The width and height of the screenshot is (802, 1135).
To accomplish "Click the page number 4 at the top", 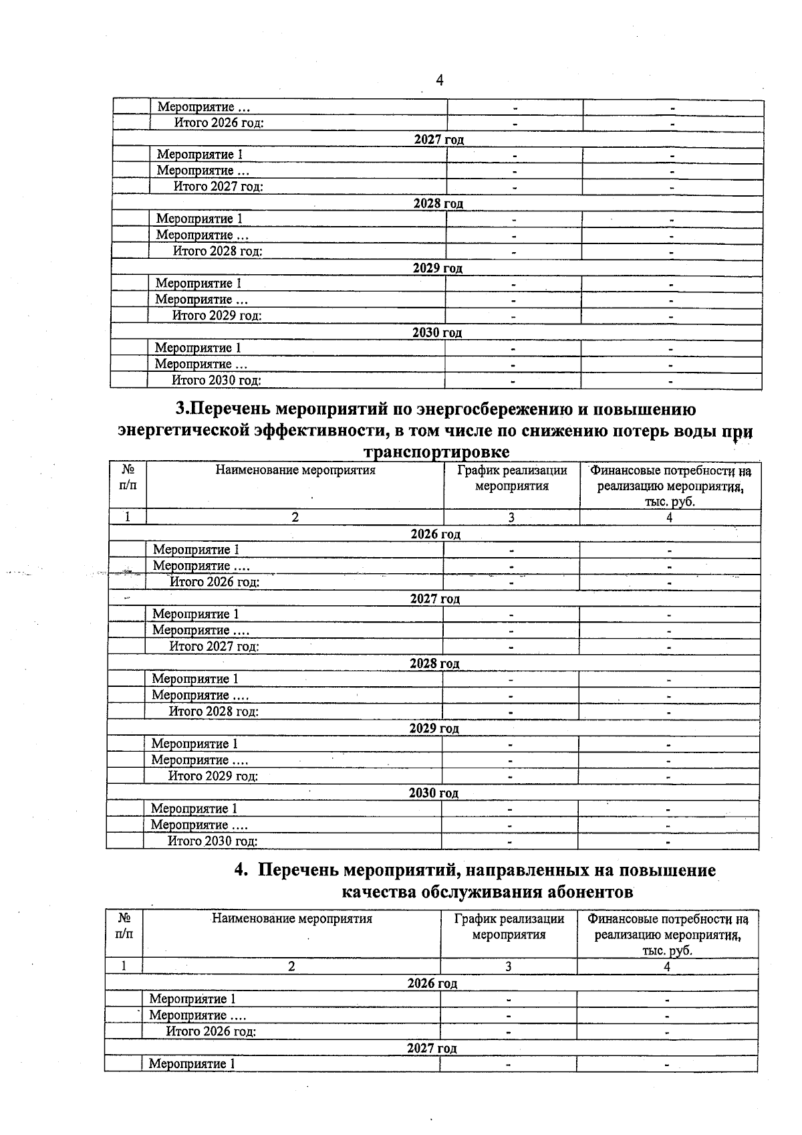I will point(439,81).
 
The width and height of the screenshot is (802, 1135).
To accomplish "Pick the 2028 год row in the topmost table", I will point(438,203).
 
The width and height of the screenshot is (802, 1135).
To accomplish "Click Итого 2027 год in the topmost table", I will point(218,187).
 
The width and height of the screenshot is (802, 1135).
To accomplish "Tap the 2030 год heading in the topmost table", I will point(436,332).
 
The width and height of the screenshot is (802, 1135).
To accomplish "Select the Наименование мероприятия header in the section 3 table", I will point(295,470).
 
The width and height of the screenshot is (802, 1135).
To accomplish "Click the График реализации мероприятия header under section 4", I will point(509,926).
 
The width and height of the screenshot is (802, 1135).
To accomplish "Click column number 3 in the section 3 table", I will point(511,517).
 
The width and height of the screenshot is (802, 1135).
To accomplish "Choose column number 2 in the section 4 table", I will point(291,966).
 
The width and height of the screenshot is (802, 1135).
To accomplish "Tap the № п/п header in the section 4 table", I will point(124,926).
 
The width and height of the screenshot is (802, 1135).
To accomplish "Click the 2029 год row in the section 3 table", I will point(434,728).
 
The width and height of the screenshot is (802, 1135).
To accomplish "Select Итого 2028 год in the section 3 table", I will point(213,712).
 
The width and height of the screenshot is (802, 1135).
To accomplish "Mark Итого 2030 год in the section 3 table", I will point(212,841).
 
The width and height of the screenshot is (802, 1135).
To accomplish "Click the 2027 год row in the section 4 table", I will point(432,1048).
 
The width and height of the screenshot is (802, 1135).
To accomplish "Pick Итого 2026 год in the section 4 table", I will point(211,1031).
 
